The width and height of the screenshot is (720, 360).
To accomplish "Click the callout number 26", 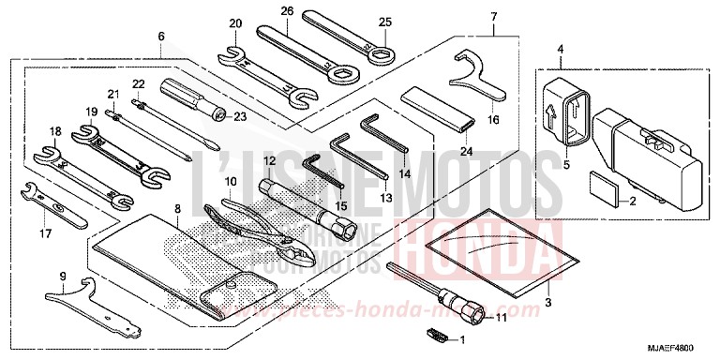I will (287, 11).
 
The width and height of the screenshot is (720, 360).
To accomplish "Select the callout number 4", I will (560, 49).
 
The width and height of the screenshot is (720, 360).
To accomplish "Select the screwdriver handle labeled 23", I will (187, 95).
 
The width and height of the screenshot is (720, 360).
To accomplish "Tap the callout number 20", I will (234, 23).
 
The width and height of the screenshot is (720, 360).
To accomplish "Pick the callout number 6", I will (161, 36).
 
